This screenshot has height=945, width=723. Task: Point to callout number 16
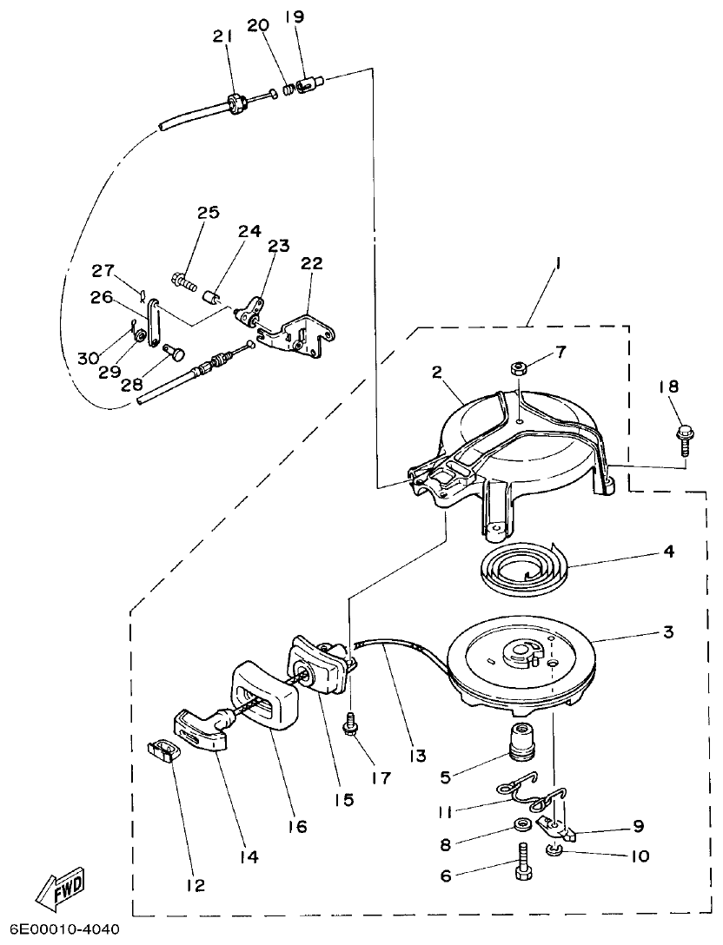(x=297, y=827)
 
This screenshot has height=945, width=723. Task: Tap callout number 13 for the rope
(x=419, y=756)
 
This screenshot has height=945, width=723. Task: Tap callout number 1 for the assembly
(x=557, y=264)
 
